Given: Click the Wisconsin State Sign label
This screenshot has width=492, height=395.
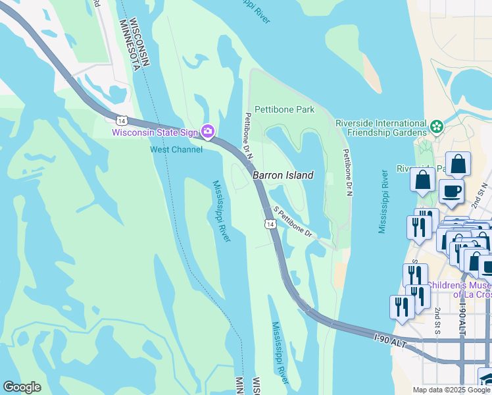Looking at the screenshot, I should coord(155,132).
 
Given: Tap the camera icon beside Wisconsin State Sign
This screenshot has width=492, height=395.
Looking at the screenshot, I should coord(209,132).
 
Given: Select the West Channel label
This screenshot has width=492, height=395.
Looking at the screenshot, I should coord(177,149).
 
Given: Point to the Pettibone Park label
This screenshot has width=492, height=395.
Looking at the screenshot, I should coord(284,109).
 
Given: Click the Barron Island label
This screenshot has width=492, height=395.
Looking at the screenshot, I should coord(283,175).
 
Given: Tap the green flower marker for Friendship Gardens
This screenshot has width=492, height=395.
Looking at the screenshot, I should coord(436,126).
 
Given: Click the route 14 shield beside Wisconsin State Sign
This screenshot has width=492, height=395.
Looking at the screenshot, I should coord(120,120).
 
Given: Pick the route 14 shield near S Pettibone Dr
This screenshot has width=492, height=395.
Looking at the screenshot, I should coord(270,224).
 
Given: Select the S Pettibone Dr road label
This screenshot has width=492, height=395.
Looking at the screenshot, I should coord(292,221).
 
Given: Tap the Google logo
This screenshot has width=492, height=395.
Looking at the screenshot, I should coord(22,387).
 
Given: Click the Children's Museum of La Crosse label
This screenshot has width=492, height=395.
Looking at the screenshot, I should coord(459,289).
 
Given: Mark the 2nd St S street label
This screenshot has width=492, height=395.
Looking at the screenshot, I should coord(436,319).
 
